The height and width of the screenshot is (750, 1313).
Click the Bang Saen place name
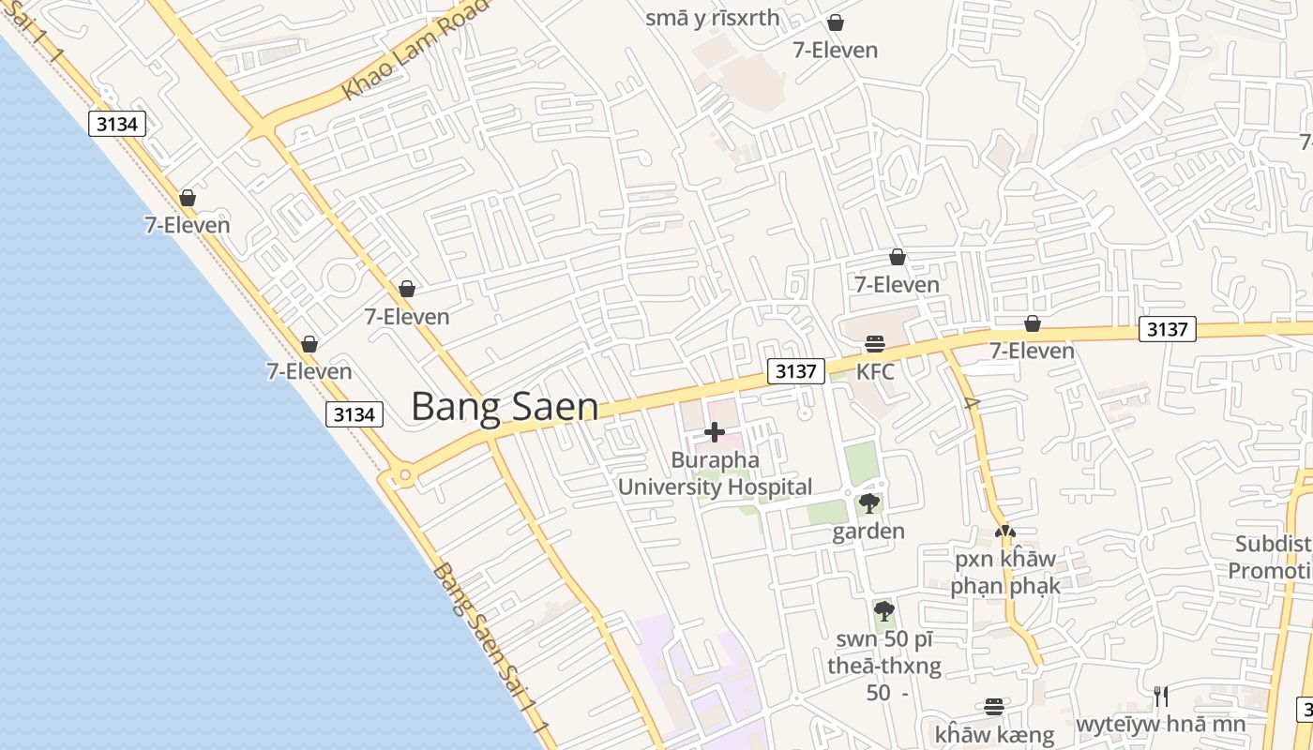click(x=505, y=407)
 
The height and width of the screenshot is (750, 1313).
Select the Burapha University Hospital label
click(x=715, y=473)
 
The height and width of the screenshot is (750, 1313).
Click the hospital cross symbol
click(x=715, y=432)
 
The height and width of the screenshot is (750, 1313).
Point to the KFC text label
click(x=875, y=371)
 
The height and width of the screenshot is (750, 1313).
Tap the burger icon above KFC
click(x=875, y=344)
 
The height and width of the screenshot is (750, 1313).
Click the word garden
click(x=868, y=532)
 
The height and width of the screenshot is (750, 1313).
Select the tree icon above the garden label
click(x=869, y=503)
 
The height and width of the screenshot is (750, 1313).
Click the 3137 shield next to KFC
click(x=795, y=371)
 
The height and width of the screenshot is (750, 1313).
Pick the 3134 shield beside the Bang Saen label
click(x=355, y=413)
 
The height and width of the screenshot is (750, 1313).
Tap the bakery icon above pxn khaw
click(x=1004, y=532)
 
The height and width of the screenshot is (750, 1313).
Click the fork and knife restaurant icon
click(x=1161, y=696)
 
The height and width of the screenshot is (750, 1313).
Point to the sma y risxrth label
click(x=713, y=18)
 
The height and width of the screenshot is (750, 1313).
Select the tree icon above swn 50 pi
click(x=883, y=611)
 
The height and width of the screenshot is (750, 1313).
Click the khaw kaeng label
click(x=994, y=735)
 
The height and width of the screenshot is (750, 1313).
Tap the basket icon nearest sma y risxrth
click(x=835, y=22)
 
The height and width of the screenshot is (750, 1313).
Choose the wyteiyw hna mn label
click(x=1161, y=724)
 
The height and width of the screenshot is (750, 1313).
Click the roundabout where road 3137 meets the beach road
click(x=405, y=476)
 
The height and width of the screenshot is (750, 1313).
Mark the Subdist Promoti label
click(x=1272, y=557)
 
